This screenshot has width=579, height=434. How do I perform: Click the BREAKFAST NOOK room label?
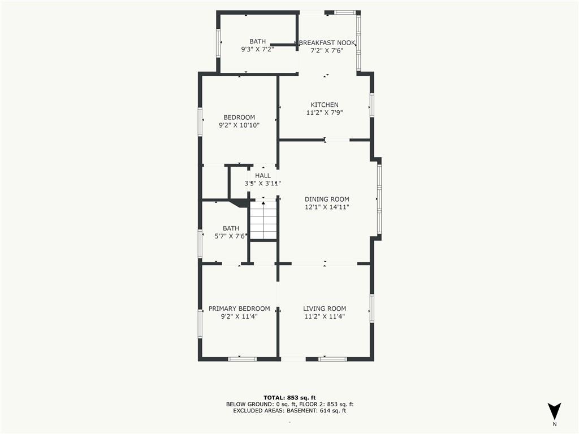pos(327,43)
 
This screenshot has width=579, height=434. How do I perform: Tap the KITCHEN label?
pos(324,105)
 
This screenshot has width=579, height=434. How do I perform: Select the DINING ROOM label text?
pos(327,199)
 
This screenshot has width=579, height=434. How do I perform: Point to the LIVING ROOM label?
pos(325,309)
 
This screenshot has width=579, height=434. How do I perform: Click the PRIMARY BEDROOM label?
pos(239,309)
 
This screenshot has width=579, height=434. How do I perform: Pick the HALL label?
pos(262,176)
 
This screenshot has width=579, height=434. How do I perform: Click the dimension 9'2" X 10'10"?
pos(239,125)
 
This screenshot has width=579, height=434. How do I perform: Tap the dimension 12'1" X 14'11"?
pos(327,207)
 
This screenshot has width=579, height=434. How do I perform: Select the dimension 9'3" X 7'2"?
pos(257,49)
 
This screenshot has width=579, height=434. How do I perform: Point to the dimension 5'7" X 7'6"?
pos(231,236)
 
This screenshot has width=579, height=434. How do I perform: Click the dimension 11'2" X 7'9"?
pos(325,113)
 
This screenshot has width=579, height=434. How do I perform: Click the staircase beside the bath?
pos(263,220)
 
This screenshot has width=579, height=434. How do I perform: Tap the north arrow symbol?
pos(554,411)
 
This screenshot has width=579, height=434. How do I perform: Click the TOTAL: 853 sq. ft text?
pos(289,397)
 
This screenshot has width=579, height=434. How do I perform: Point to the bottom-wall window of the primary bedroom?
pos(242,359)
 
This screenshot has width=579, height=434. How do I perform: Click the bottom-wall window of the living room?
pos(332,359)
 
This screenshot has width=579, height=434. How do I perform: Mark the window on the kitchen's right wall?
pos(372,106)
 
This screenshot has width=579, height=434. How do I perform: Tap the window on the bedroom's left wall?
pos(200,122)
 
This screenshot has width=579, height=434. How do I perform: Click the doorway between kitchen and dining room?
pos(337,140)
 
